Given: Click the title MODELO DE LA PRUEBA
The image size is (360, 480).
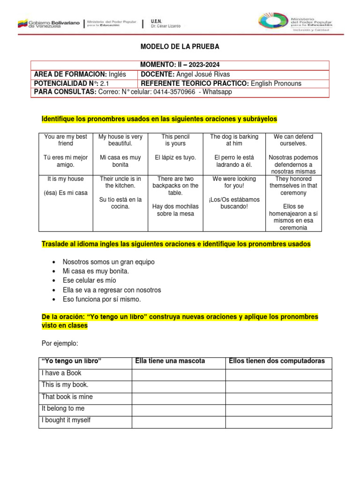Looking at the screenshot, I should tap(180, 47).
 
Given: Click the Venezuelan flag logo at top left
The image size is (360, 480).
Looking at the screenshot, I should tap(22, 24).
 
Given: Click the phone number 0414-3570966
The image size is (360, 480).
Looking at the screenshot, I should tap(173, 92).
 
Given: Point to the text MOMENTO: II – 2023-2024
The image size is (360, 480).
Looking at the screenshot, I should tap(180, 65).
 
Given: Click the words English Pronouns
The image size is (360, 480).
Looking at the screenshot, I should tap(276, 83).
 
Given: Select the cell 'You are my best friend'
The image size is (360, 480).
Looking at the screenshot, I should tap(66, 140).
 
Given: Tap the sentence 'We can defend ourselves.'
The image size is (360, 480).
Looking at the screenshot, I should tap(293, 140).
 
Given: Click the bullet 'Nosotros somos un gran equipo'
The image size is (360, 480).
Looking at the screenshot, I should tap(109, 262).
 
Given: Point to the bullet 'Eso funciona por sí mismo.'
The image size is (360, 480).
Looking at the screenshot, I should tap(102, 299).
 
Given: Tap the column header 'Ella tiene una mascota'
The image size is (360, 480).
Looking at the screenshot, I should tap(170, 361).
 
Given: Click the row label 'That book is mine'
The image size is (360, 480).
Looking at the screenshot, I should tap(67, 397).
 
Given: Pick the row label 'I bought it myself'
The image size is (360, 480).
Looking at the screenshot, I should tap(66, 420).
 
